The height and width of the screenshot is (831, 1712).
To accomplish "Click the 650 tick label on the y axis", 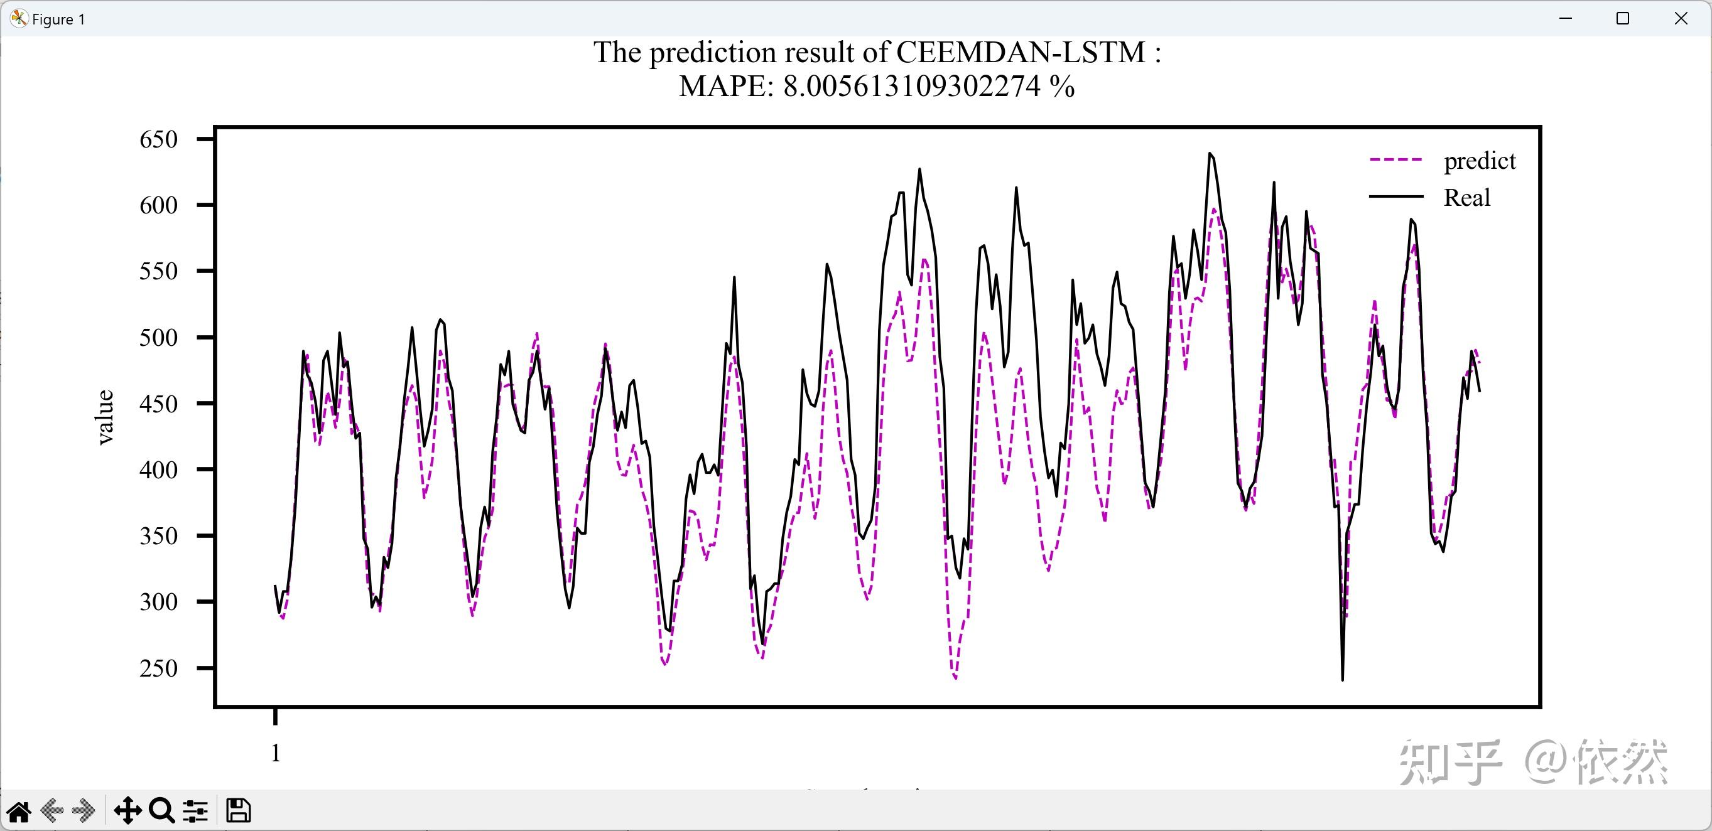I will [x=158, y=139].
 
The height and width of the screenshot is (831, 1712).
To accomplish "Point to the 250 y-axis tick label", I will [x=158, y=668].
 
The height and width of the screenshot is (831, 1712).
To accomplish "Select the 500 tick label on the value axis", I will [x=158, y=338].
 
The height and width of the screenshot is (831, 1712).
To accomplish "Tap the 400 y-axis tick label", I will [x=158, y=470].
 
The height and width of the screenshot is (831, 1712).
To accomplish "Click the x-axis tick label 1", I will [x=276, y=753].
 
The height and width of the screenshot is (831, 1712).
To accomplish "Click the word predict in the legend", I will [x=1480, y=161].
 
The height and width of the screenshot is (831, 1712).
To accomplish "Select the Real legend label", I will [x=1467, y=198].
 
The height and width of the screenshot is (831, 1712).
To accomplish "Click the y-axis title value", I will [x=105, y=417].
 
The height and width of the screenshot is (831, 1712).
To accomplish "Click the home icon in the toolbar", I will [x=19, y=811].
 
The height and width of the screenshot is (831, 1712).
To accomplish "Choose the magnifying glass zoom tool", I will [x=161, y=811].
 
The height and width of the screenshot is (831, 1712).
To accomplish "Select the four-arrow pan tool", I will [x=127, y=811].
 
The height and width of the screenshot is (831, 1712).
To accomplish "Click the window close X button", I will [x=1681, y=19].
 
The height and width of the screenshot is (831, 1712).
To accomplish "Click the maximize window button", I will [x=1622, y=19].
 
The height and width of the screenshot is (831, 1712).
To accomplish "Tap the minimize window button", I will [x=1565, y=19].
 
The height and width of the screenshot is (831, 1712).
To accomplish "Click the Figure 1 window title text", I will [x=58, y=19].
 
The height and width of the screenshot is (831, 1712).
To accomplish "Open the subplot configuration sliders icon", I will [x=195, y=811].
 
